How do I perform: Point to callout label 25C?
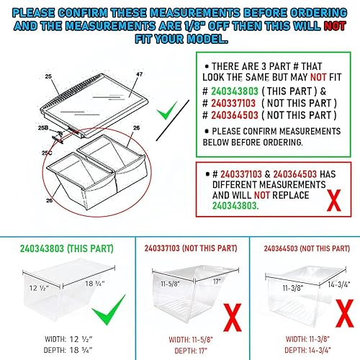[48, 153]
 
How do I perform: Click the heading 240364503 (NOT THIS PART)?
[300, 247]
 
